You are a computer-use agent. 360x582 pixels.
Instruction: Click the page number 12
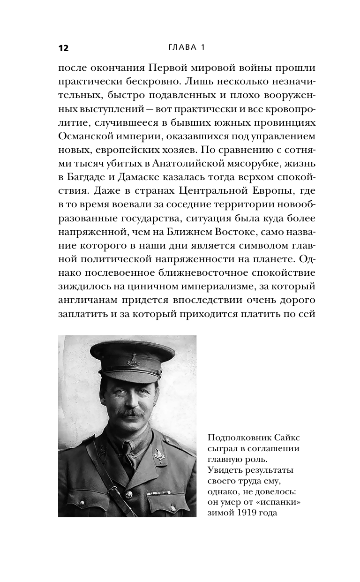63,48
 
